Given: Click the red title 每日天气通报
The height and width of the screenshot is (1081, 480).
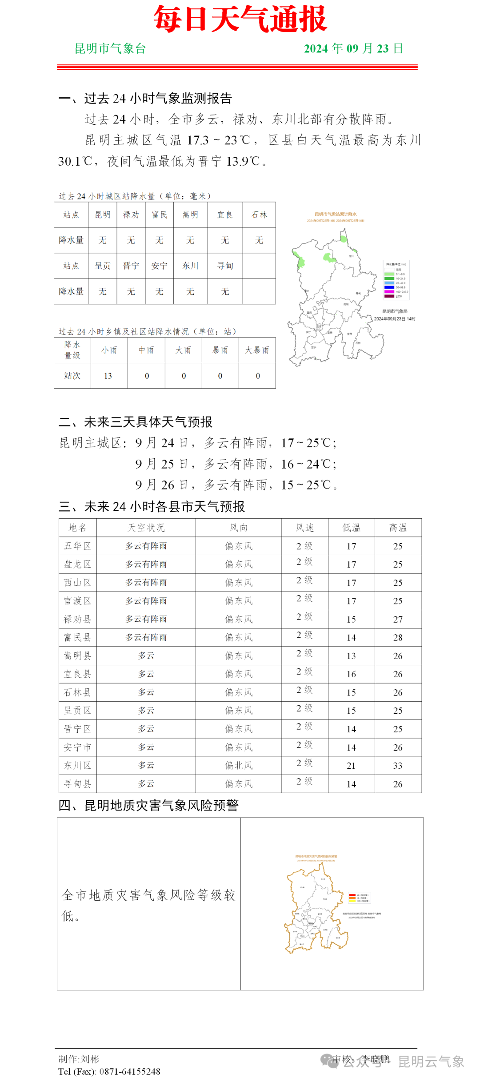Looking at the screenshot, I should click(x=240, y=20).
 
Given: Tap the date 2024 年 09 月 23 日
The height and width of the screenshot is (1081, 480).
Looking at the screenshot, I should click(x=353, y=48).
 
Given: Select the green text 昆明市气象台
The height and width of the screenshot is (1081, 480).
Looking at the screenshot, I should click(x=110, y=48).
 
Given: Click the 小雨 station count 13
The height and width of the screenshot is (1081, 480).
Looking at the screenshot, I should click(x=108, y=376).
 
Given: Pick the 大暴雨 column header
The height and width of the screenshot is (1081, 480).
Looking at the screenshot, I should click(x=257, y=350).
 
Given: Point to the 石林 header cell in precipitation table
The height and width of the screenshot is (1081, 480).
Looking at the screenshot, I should click(x=259, y=215).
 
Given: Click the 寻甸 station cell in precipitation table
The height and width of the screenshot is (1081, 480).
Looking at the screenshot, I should click(x=225, y=266).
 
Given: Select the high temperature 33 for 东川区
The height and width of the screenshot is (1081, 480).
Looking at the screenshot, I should click(x=398, y=765).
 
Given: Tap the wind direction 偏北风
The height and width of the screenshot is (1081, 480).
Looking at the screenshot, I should click(x=238, y=765).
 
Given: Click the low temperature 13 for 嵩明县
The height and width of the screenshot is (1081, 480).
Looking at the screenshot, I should click(x=351, y=656).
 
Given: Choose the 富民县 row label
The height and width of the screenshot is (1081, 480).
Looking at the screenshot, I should click(x=77, y=637).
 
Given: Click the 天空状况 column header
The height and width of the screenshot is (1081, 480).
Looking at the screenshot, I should click(x=146, y=528).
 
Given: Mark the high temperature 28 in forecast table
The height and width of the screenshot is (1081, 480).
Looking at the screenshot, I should click(x=398, y=637).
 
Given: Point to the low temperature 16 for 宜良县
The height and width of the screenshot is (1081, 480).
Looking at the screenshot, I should click(x=351, y=674).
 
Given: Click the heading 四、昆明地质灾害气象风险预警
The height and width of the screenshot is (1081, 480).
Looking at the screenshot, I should click(x=149, y=805).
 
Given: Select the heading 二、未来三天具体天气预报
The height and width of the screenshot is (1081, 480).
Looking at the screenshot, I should click(x=136, y=421).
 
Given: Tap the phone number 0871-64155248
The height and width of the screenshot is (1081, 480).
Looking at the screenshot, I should click(x=130, y=1071).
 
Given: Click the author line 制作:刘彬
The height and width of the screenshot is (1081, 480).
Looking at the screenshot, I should click(x=79, y=1059).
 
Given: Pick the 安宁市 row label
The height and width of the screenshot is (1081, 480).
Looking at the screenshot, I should click(x=77, y=747).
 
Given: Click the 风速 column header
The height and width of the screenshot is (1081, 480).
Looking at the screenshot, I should click(x=304, y=528).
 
